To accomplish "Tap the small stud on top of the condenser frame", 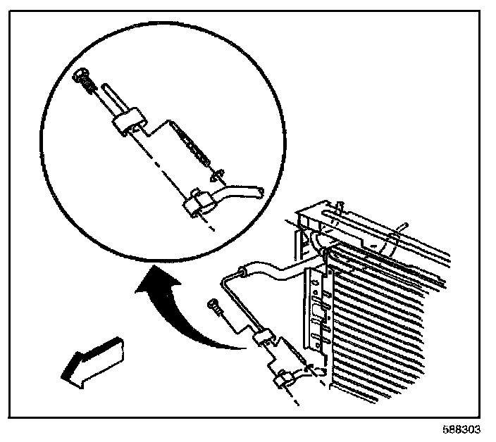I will coord(340,206).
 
